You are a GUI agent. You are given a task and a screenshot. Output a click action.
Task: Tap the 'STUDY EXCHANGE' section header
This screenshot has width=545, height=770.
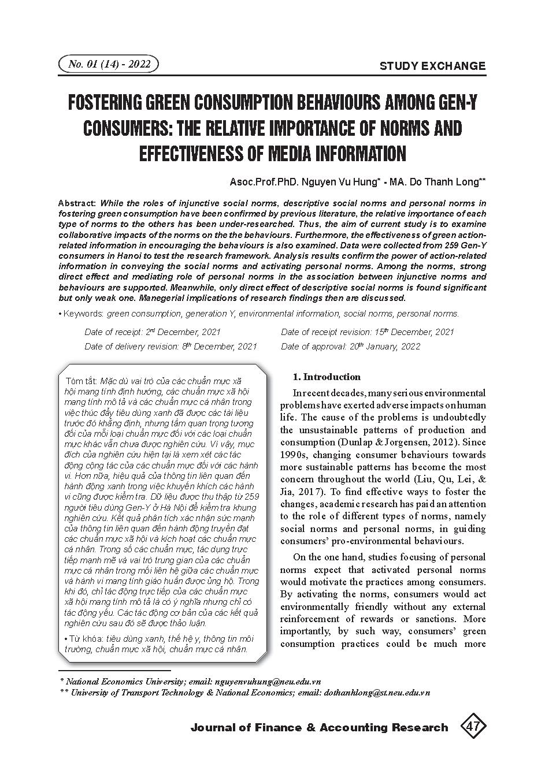click(432, 66)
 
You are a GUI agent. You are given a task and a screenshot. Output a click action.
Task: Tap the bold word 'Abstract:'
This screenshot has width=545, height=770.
click(78, 203)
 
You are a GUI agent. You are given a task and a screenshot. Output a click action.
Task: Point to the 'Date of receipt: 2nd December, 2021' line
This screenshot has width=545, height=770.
click(153, 332)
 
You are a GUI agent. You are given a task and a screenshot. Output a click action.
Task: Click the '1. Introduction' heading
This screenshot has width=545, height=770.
click(327, 377)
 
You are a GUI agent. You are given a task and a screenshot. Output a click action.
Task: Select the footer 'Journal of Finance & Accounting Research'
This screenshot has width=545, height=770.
click(319, 727)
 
